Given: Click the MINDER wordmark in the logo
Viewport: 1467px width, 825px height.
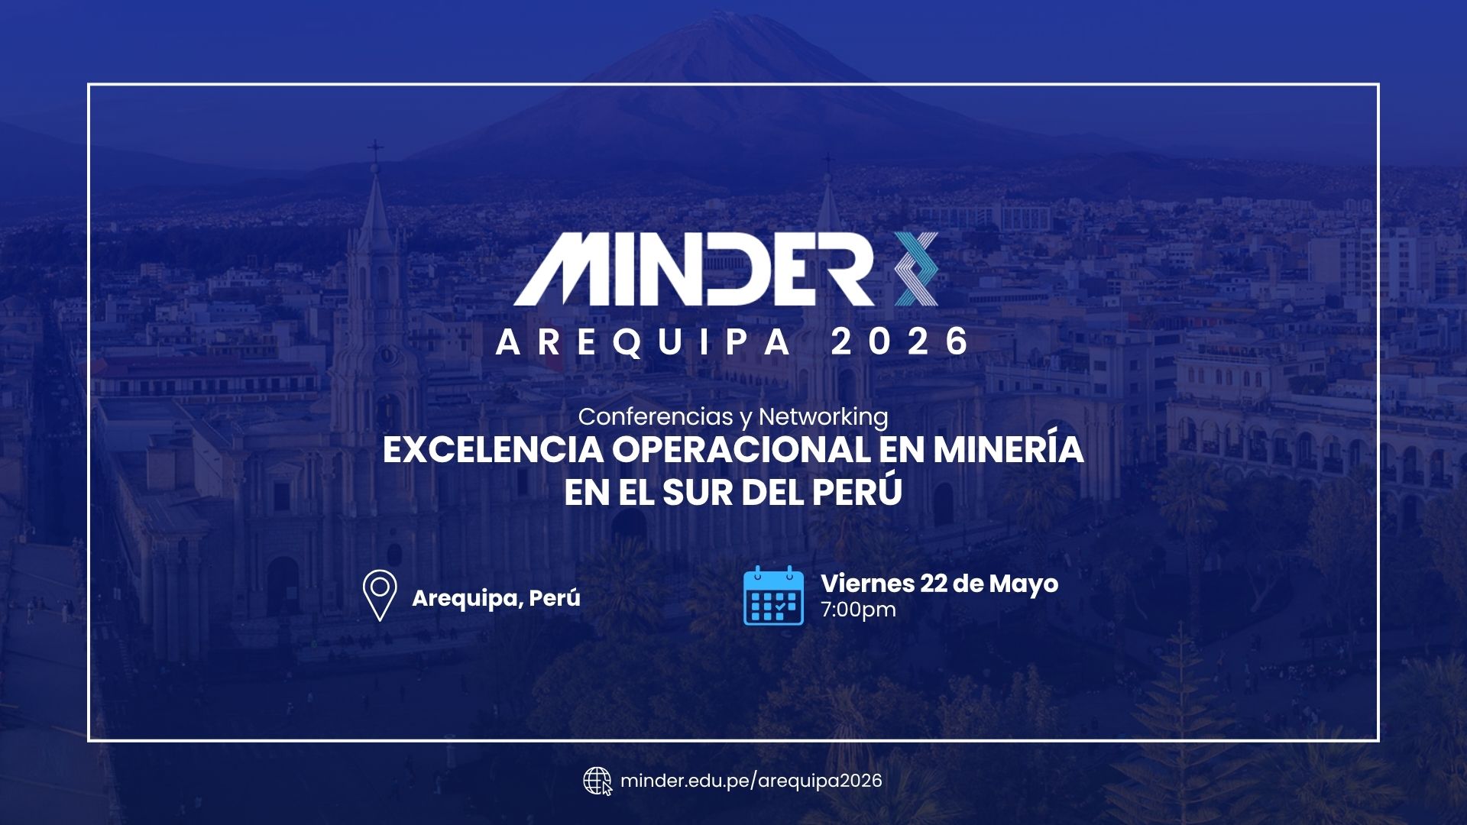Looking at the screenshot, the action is [694, 270].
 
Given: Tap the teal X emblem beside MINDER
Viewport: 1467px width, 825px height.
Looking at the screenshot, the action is [916, 270].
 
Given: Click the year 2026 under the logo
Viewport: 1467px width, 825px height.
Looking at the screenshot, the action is [900, 341].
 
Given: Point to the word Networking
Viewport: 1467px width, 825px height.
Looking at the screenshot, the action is [823, 417].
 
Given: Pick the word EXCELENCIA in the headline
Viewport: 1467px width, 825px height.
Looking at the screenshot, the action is [492, 450].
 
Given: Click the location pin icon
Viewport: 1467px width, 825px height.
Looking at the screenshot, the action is [380, 595].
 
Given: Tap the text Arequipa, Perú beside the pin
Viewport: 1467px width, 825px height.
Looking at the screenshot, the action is [496, 597].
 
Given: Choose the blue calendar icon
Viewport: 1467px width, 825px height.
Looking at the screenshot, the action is [774, 596].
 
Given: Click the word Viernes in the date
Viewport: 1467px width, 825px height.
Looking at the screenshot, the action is [868, 584].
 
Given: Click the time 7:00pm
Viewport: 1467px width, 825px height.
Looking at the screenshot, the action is [858, 610].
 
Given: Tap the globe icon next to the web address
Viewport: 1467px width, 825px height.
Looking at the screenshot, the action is [597, 781].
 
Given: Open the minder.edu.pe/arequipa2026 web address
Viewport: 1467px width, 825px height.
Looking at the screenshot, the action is [751, 781].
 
